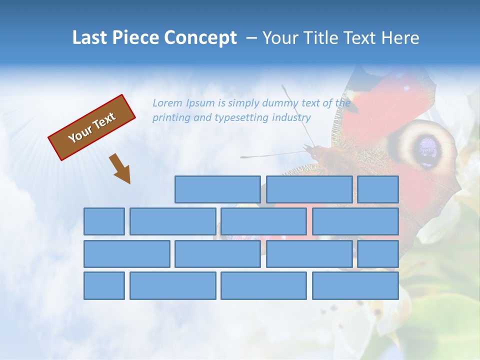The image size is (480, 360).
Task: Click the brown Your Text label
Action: click(x=92, y=127)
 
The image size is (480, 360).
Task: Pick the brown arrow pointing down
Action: click(x=120, y=168)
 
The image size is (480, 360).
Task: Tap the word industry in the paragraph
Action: click(x=291, y=117)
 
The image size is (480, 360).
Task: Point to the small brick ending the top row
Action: click(x=378, y=189)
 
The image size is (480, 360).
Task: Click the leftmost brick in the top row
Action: click(x=217, y=189)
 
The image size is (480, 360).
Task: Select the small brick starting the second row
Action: click(x=104, y=221)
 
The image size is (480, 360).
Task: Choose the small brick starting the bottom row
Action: click(x=104, y=285)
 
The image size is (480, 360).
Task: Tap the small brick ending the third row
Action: click(x=378, y=253)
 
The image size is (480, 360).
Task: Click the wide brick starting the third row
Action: click(x=126, y=253)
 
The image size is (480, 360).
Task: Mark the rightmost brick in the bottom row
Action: click(x=355, y=285)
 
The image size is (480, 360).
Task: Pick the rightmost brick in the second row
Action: click(x=355, y=221)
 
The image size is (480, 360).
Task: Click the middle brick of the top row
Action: click(x=309, y=189)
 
